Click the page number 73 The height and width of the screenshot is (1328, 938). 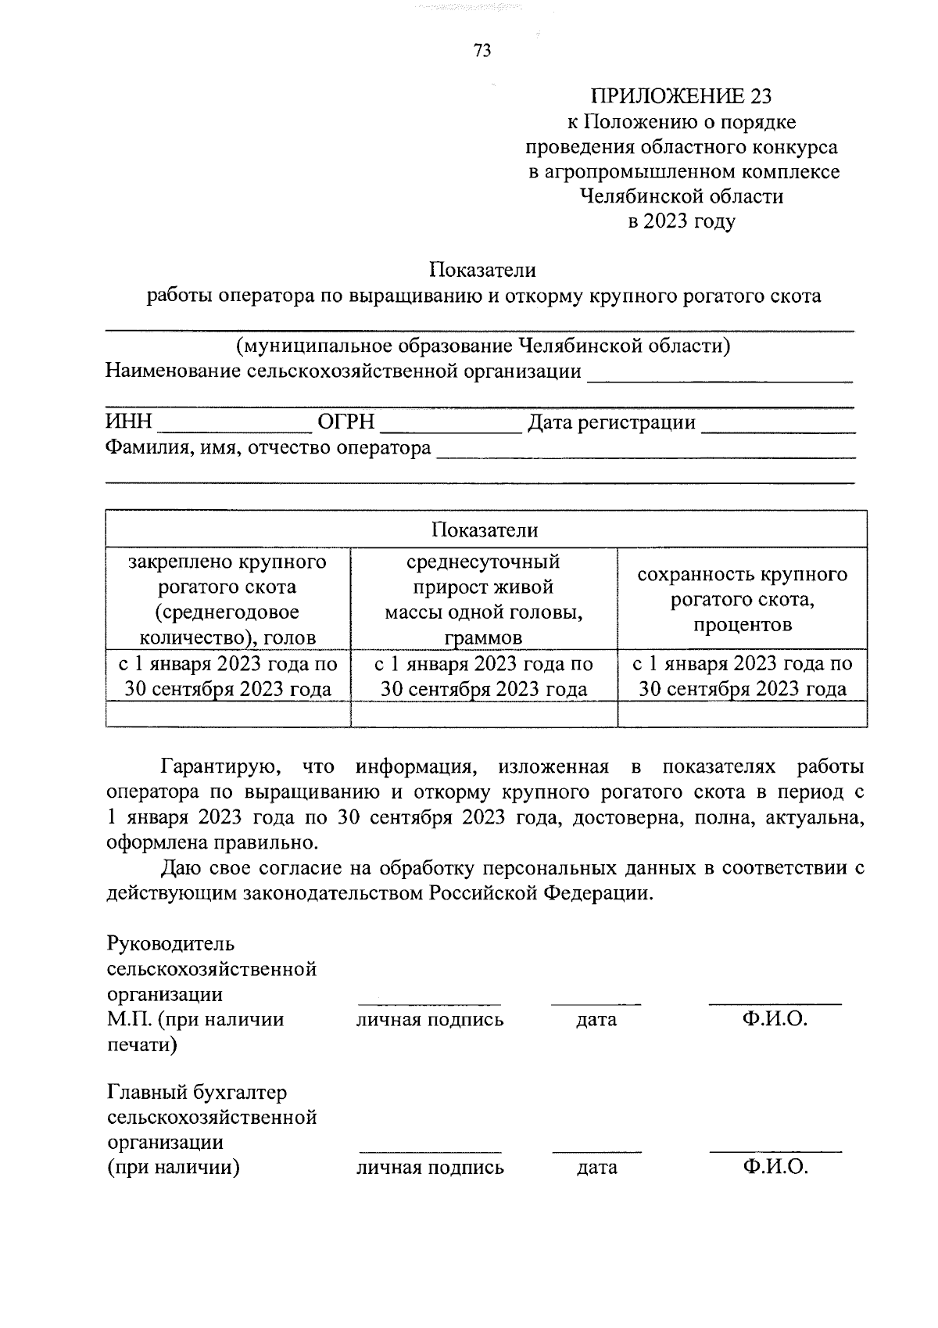click(x=482, y=51)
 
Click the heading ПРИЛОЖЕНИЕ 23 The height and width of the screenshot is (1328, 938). click(x=681, y=96)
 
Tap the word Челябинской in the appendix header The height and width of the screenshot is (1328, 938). click(x=643, y=196)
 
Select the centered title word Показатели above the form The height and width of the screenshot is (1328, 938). click(x=482, y=270)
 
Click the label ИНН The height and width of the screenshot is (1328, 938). click(x=129, y=423)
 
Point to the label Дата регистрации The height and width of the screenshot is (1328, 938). click(x=612, y=423)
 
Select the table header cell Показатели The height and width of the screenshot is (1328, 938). click(x=485, y=530)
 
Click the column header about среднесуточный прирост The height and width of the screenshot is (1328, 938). click(x=484, y=599)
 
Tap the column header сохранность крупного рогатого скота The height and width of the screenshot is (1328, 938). click(x=742, y=599)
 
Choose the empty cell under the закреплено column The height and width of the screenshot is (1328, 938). click(x=227, y=714)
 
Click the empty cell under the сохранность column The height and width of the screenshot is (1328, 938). click(x=742, y=714)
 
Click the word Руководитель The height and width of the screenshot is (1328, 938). click(x=170, y=944)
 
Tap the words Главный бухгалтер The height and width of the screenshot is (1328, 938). click(x=197, y=1092)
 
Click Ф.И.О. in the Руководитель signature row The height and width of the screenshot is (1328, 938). click(x=775, y=1020)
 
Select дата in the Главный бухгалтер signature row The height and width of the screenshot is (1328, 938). click(x=596, y=1168)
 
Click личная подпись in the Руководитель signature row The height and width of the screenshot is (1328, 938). click(x=430, y=1020)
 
